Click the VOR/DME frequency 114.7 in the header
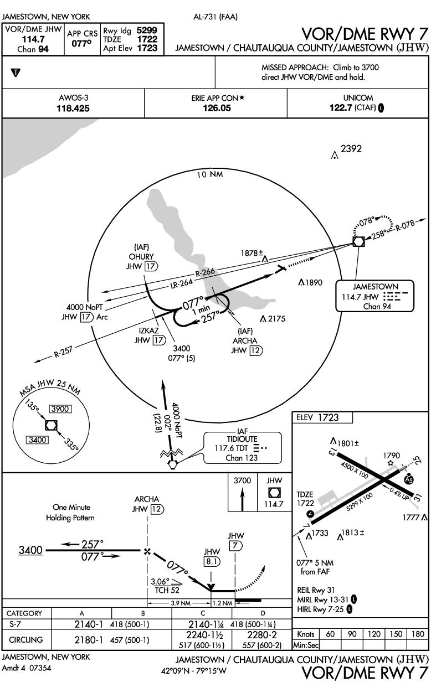[x=33, y=39]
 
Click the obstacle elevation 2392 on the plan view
[x=351, y=149]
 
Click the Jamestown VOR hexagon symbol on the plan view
[x=358, y=241]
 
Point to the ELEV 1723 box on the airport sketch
[x=322, y=418]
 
